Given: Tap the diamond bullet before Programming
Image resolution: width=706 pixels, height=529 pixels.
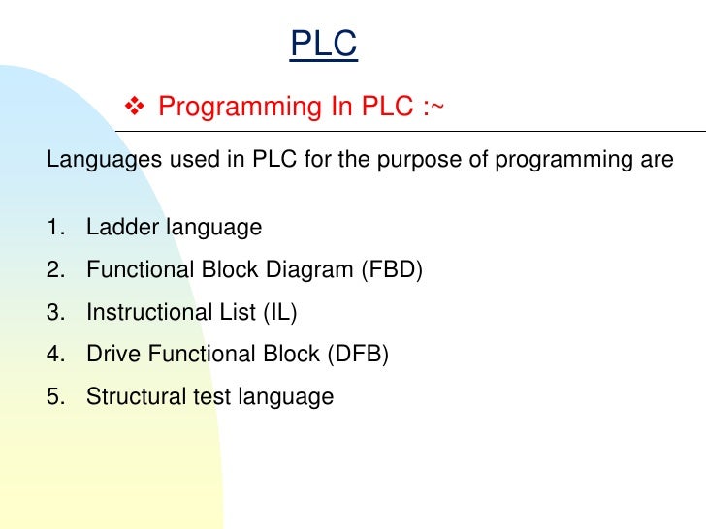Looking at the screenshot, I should point(135,106).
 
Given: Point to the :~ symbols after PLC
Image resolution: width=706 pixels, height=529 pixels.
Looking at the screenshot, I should point(433,106).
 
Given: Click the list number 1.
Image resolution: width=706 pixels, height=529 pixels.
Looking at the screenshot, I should point(54,228).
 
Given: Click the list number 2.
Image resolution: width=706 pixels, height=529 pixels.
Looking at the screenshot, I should point(54,270).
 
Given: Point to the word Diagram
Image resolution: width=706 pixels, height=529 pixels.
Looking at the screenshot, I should point(313,270).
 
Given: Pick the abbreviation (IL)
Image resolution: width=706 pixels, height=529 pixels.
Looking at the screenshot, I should point(278,313).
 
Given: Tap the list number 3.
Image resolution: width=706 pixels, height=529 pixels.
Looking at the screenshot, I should point(54,313).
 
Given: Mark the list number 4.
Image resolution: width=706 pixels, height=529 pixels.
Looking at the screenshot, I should point(54,355).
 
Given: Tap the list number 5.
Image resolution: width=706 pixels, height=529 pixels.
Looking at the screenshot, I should point(54,396).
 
